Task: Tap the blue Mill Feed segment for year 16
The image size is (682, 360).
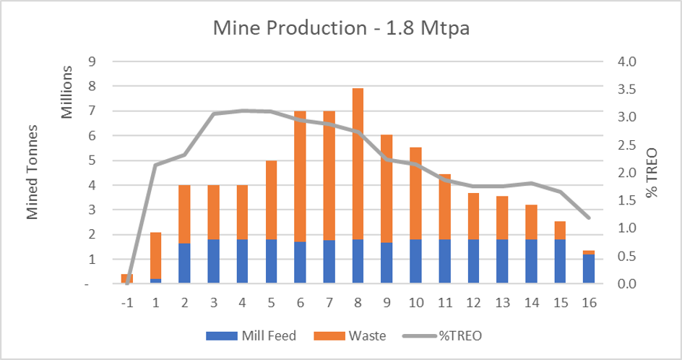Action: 588,269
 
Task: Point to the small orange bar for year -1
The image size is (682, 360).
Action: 126,279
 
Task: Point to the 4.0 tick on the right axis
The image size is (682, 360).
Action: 626,61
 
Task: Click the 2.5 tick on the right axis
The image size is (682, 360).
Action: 626,145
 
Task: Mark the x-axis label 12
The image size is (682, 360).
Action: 473,304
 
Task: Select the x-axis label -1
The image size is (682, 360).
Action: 126,304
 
